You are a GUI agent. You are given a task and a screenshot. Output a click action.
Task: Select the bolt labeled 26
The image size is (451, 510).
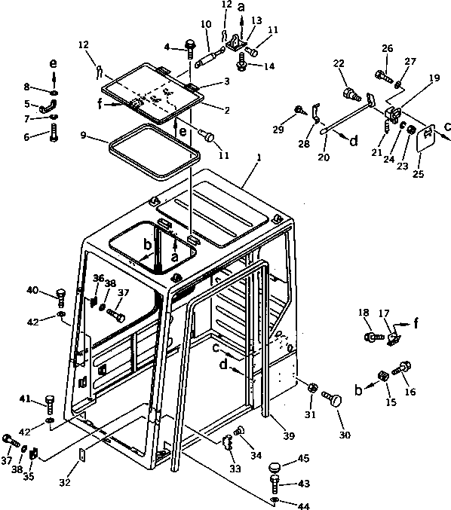point(380,76)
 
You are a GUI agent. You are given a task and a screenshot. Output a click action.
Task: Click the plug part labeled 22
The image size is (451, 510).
point(351,96)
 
